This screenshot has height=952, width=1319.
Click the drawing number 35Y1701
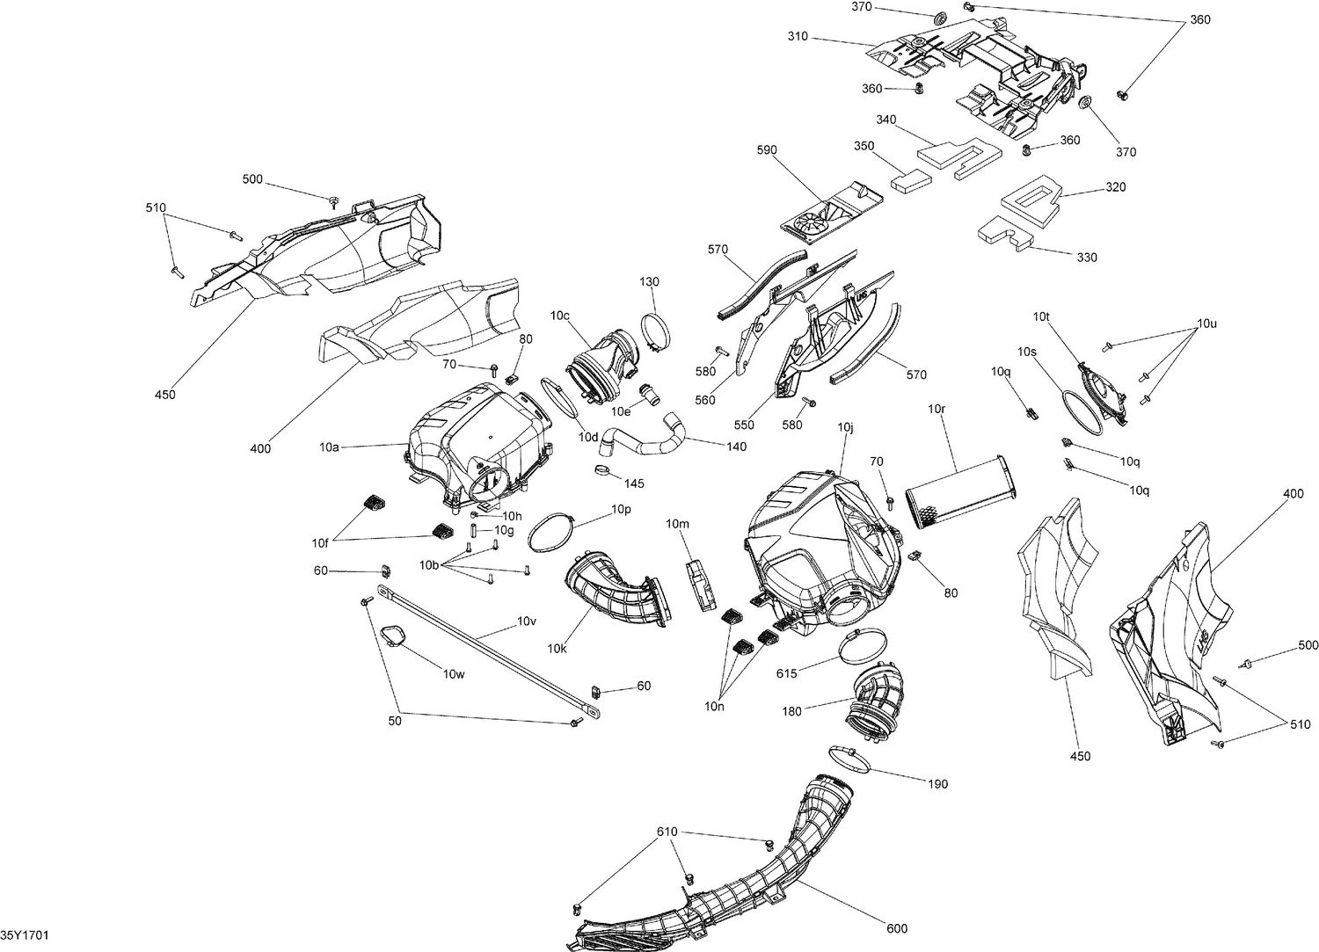coord(24,934)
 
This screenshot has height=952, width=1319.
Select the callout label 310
coord(798,38)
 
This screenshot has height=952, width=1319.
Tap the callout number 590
coord(767,150)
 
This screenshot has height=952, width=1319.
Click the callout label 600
coord(897,928)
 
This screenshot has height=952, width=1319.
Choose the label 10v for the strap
coord(526,621)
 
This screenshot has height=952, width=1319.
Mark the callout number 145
coord(634,483)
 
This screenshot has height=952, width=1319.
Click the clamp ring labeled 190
coord(849,758)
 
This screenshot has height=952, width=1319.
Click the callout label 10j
coord(846,427)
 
